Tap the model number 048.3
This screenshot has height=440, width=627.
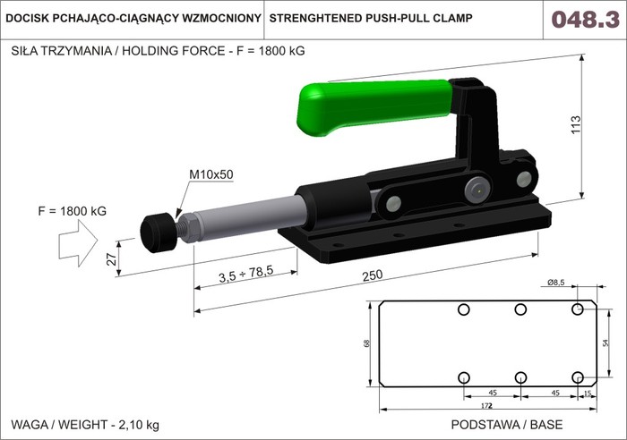click(586, 19)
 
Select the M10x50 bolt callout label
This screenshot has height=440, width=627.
click(210, 174)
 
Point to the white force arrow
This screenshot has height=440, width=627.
click(79, 243)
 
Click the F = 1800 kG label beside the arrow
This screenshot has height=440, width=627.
click(72, 211)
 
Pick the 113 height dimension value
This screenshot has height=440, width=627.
click(575, 124)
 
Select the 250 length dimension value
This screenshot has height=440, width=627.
click(373, 275)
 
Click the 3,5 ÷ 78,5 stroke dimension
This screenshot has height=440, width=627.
click(246, 275)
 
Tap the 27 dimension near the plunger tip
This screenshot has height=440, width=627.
click(112, 259)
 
